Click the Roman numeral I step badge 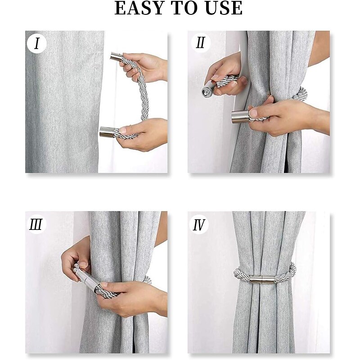point(37,44)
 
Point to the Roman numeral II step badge point(200,43)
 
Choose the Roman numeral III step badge point(36,224)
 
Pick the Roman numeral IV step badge point(199,225)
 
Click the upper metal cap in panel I point(117,57)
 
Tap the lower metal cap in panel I point(107,132)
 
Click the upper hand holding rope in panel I point(144,67)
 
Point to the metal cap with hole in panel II point(208,90)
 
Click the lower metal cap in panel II point(240,117)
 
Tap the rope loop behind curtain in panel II point(300,94)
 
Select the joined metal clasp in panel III point(87,279)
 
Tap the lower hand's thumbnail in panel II point(253,113)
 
